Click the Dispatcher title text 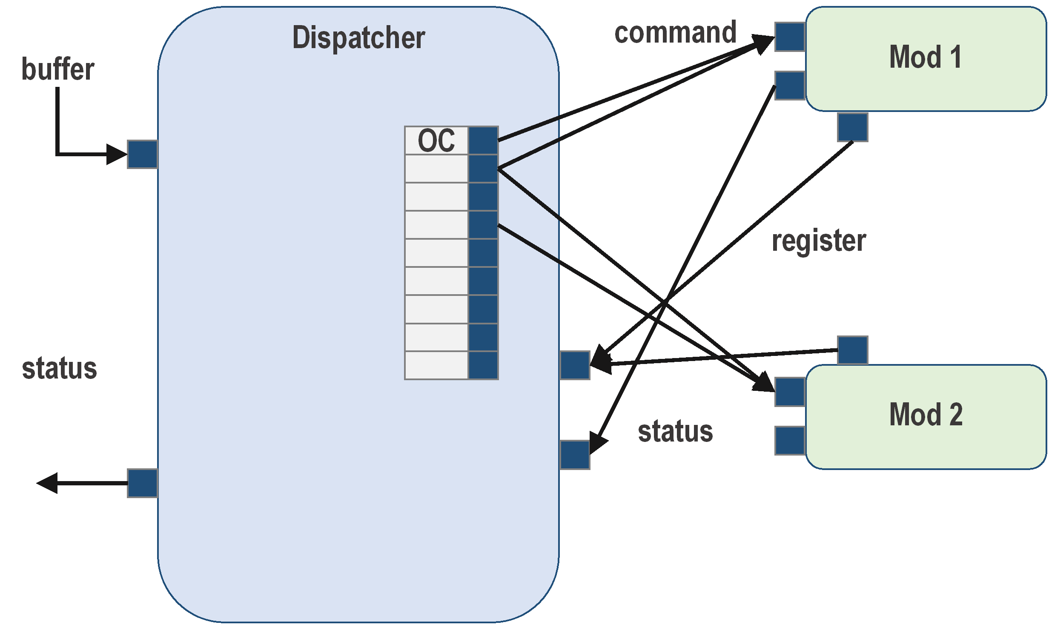358,37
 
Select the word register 819,241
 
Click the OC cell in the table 436,140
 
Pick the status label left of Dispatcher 59,369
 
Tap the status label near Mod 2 675,432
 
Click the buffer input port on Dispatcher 143,154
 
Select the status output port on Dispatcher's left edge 143,483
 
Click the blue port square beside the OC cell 483,140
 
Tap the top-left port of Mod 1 790,37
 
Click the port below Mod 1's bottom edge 852,127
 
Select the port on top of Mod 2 852,350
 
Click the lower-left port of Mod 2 790,441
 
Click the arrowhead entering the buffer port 116,154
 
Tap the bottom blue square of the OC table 483,365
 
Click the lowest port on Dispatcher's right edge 575,455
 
